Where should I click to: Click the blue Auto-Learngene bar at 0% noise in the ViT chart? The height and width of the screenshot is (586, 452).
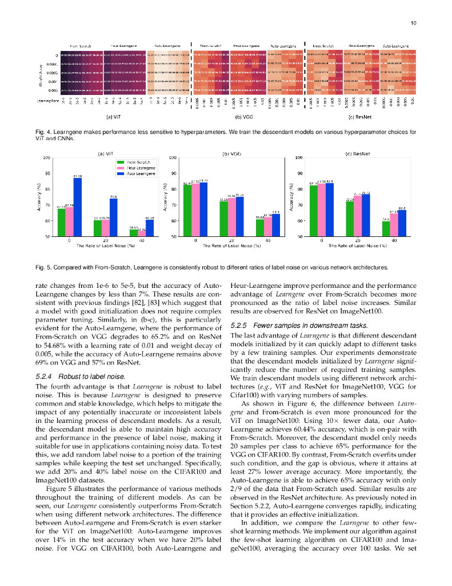pyautogui.click(x=77, y=207)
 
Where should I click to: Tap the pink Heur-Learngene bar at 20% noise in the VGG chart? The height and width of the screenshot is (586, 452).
pyautogui.click(x=231, y=217)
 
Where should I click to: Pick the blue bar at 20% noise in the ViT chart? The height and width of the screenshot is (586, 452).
pyautogui.click(x=113, y=217)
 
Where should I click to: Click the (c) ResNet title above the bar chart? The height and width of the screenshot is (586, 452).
pyautogui.click(x=357, y=153)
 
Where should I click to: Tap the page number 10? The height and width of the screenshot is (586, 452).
pyautogui.click(x=414, y=23)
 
